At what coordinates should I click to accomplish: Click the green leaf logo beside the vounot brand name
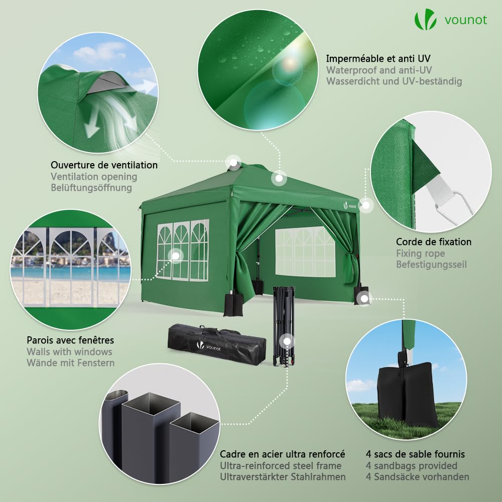point(425,20)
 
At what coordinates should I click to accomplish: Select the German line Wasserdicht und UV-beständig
point(394,81)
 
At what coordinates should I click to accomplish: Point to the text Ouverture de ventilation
point(104,165)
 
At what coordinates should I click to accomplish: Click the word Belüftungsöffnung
point(91,188)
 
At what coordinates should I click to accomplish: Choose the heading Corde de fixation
point(433,241)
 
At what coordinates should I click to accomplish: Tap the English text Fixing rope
point(420,253)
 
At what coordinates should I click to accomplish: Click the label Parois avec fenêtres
point(70,340)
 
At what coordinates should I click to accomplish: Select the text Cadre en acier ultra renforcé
point(282,454)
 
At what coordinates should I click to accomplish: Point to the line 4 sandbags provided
point(411,465)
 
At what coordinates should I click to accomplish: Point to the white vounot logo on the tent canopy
point(350,204)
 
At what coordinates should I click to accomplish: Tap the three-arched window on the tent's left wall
point(183,249)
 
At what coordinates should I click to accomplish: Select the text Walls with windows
point(69,352)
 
